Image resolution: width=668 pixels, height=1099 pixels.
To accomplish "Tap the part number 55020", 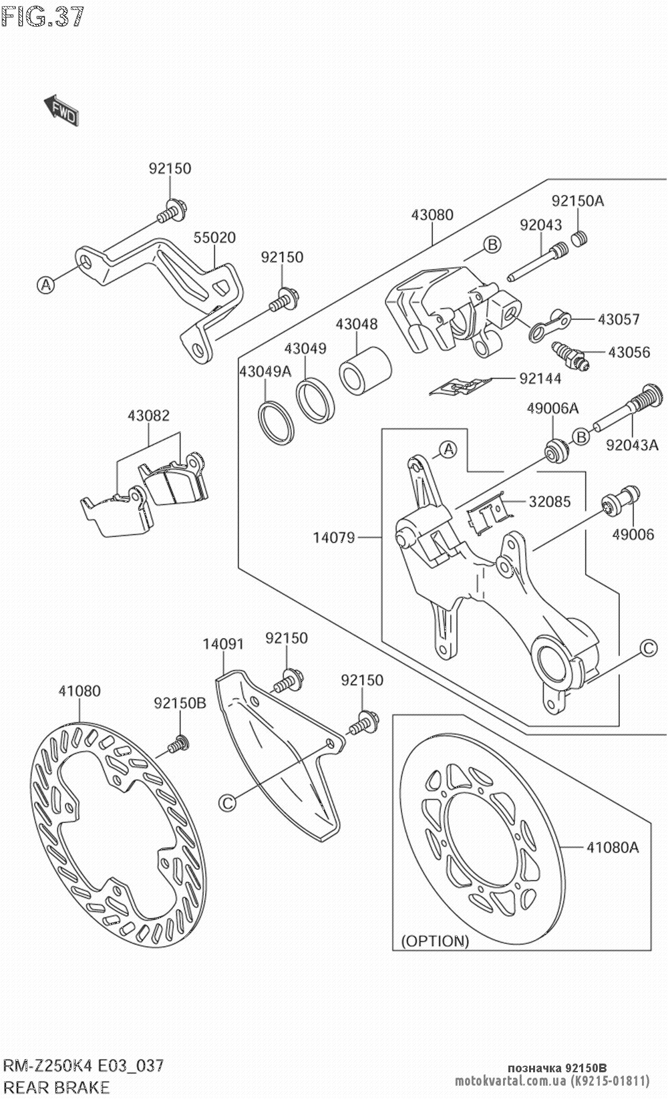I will click(214, 238).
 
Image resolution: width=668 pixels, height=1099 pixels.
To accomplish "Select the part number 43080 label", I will click(432, 215).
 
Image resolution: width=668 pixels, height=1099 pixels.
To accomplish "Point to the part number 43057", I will click(619, 319).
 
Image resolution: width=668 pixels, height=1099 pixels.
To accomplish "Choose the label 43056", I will click(629, 352).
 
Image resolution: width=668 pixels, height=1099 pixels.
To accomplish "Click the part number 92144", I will click(540, 379).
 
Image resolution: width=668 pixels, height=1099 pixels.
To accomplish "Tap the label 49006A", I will click(552, 408).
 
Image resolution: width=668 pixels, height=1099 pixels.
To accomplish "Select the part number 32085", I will click(549, 501).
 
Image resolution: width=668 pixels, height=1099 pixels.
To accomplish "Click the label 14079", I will click(334, 537).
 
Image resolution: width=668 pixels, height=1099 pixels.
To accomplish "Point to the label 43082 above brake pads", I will click(148, 416).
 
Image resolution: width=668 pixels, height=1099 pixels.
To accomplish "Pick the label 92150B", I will click(180, 703).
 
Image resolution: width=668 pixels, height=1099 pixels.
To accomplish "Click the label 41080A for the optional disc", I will click(613, 848).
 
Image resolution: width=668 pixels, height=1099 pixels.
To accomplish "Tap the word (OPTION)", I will click(435, 941).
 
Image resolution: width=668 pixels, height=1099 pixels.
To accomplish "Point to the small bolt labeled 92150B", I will click(178, 742).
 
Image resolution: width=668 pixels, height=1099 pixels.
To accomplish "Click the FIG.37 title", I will click(43, 16).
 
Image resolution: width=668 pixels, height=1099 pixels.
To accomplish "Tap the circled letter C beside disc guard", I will click(228, 802).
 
